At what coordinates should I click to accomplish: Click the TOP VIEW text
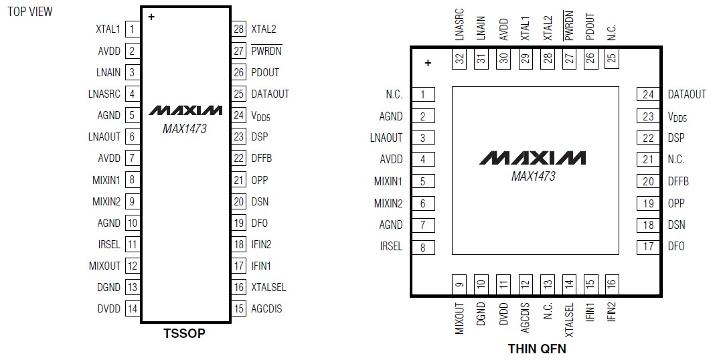coord(29,11)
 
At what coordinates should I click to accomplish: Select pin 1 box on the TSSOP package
coord(133,29)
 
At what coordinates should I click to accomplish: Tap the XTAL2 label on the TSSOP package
coord(263,29)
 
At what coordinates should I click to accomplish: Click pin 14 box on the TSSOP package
coord(133,309)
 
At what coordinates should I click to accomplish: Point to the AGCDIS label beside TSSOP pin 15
coord(266,309)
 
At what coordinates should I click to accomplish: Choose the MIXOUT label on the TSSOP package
coord(104,266)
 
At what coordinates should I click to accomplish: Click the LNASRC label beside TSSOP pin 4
coord(104,94)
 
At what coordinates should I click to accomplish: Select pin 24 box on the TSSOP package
coord(239,115)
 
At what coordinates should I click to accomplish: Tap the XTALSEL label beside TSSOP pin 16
coord(268,287)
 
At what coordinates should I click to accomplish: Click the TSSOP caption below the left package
coord(184,333)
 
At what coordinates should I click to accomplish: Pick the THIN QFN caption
coord(537,349)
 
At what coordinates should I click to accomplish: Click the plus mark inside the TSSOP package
coord(151,17)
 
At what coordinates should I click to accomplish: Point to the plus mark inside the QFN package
coord(428,64)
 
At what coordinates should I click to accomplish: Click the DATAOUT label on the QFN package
coord(687,94)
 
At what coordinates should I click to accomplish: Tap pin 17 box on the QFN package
coord(648,246)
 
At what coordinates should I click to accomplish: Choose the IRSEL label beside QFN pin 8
coord(391,246)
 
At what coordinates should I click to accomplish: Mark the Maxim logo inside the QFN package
coord(533,158)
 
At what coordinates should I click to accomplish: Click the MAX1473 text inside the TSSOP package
coord(185,129)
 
